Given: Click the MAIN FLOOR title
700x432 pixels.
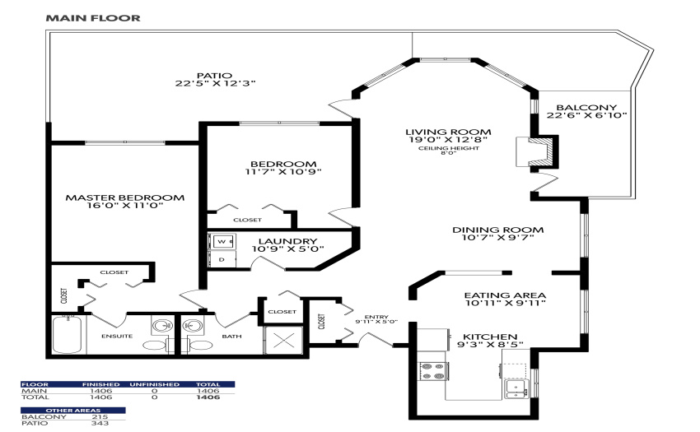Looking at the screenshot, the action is point(93,18).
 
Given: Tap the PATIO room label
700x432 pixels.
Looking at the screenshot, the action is point(214,76).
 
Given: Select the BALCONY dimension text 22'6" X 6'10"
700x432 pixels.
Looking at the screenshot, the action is point(586,115).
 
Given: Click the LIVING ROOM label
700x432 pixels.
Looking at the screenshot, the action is point(448,132).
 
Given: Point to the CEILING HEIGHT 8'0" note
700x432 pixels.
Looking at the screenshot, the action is point(449,151).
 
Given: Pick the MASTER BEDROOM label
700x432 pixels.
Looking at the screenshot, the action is point(125,197).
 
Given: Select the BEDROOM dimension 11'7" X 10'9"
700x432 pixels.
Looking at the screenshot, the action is point(283,172).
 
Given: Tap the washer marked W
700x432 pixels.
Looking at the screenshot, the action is point(222,241).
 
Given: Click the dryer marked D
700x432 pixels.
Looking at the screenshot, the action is point(222,259).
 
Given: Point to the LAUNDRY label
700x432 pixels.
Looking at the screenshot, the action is point(287,241).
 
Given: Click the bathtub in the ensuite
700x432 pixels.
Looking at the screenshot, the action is point(68,334).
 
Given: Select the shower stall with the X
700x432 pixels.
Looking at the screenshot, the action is point(283,341).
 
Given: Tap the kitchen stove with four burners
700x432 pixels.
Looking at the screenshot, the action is point(433,370).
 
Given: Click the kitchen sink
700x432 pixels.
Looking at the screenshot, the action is point(517,388).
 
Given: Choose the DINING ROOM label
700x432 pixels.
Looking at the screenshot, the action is point(497,230).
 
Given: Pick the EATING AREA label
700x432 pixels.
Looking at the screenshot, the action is point(505,295).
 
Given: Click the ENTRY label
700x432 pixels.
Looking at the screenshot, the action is point(376,317).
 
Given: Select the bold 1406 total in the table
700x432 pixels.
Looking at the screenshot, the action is point(208,397).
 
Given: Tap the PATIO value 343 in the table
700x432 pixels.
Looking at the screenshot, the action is point(100,423).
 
